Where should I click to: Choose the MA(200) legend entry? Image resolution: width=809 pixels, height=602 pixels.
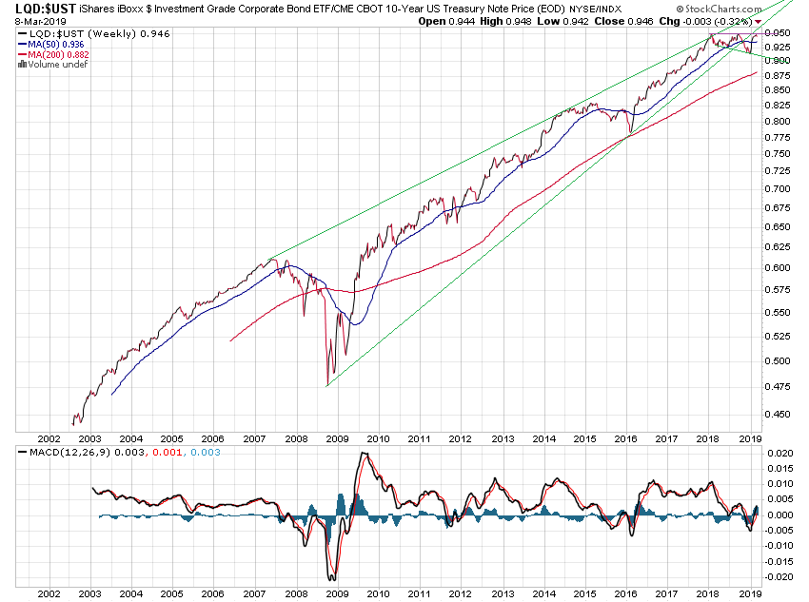[56, 55]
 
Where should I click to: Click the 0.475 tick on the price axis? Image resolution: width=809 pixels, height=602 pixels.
[778, 386]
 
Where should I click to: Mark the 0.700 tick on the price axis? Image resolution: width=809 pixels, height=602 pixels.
[778, 189]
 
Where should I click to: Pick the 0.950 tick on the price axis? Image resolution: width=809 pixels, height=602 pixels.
[778, 32]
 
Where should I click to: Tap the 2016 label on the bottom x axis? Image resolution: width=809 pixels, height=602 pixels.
[625, 593]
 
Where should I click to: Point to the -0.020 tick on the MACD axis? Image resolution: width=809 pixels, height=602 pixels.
[779, 576]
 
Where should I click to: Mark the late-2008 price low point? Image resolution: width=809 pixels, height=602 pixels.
[326, 385]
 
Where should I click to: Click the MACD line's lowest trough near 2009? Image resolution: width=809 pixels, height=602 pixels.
[332, 579]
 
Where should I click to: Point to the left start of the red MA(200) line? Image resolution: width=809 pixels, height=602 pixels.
[231, 340]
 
